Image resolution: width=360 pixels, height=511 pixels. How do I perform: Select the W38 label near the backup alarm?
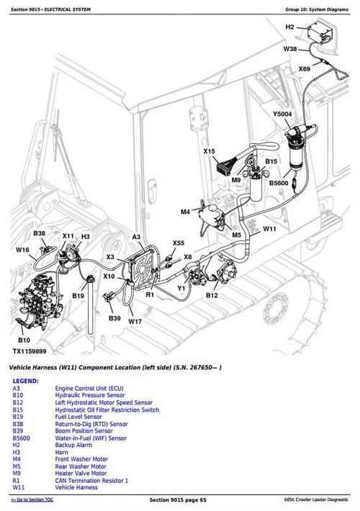[x=289, y=49]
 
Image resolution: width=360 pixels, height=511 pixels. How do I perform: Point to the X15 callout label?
[x=209, y=151]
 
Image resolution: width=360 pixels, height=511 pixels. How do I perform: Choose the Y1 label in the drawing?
[x=182, y=287]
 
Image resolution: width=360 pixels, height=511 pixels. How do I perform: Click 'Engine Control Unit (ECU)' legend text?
[x=92, y=389]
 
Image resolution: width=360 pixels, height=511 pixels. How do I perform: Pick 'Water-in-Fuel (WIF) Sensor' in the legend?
[x=90, y=437]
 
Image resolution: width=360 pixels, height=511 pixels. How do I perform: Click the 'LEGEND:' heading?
[x=25, y=381]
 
